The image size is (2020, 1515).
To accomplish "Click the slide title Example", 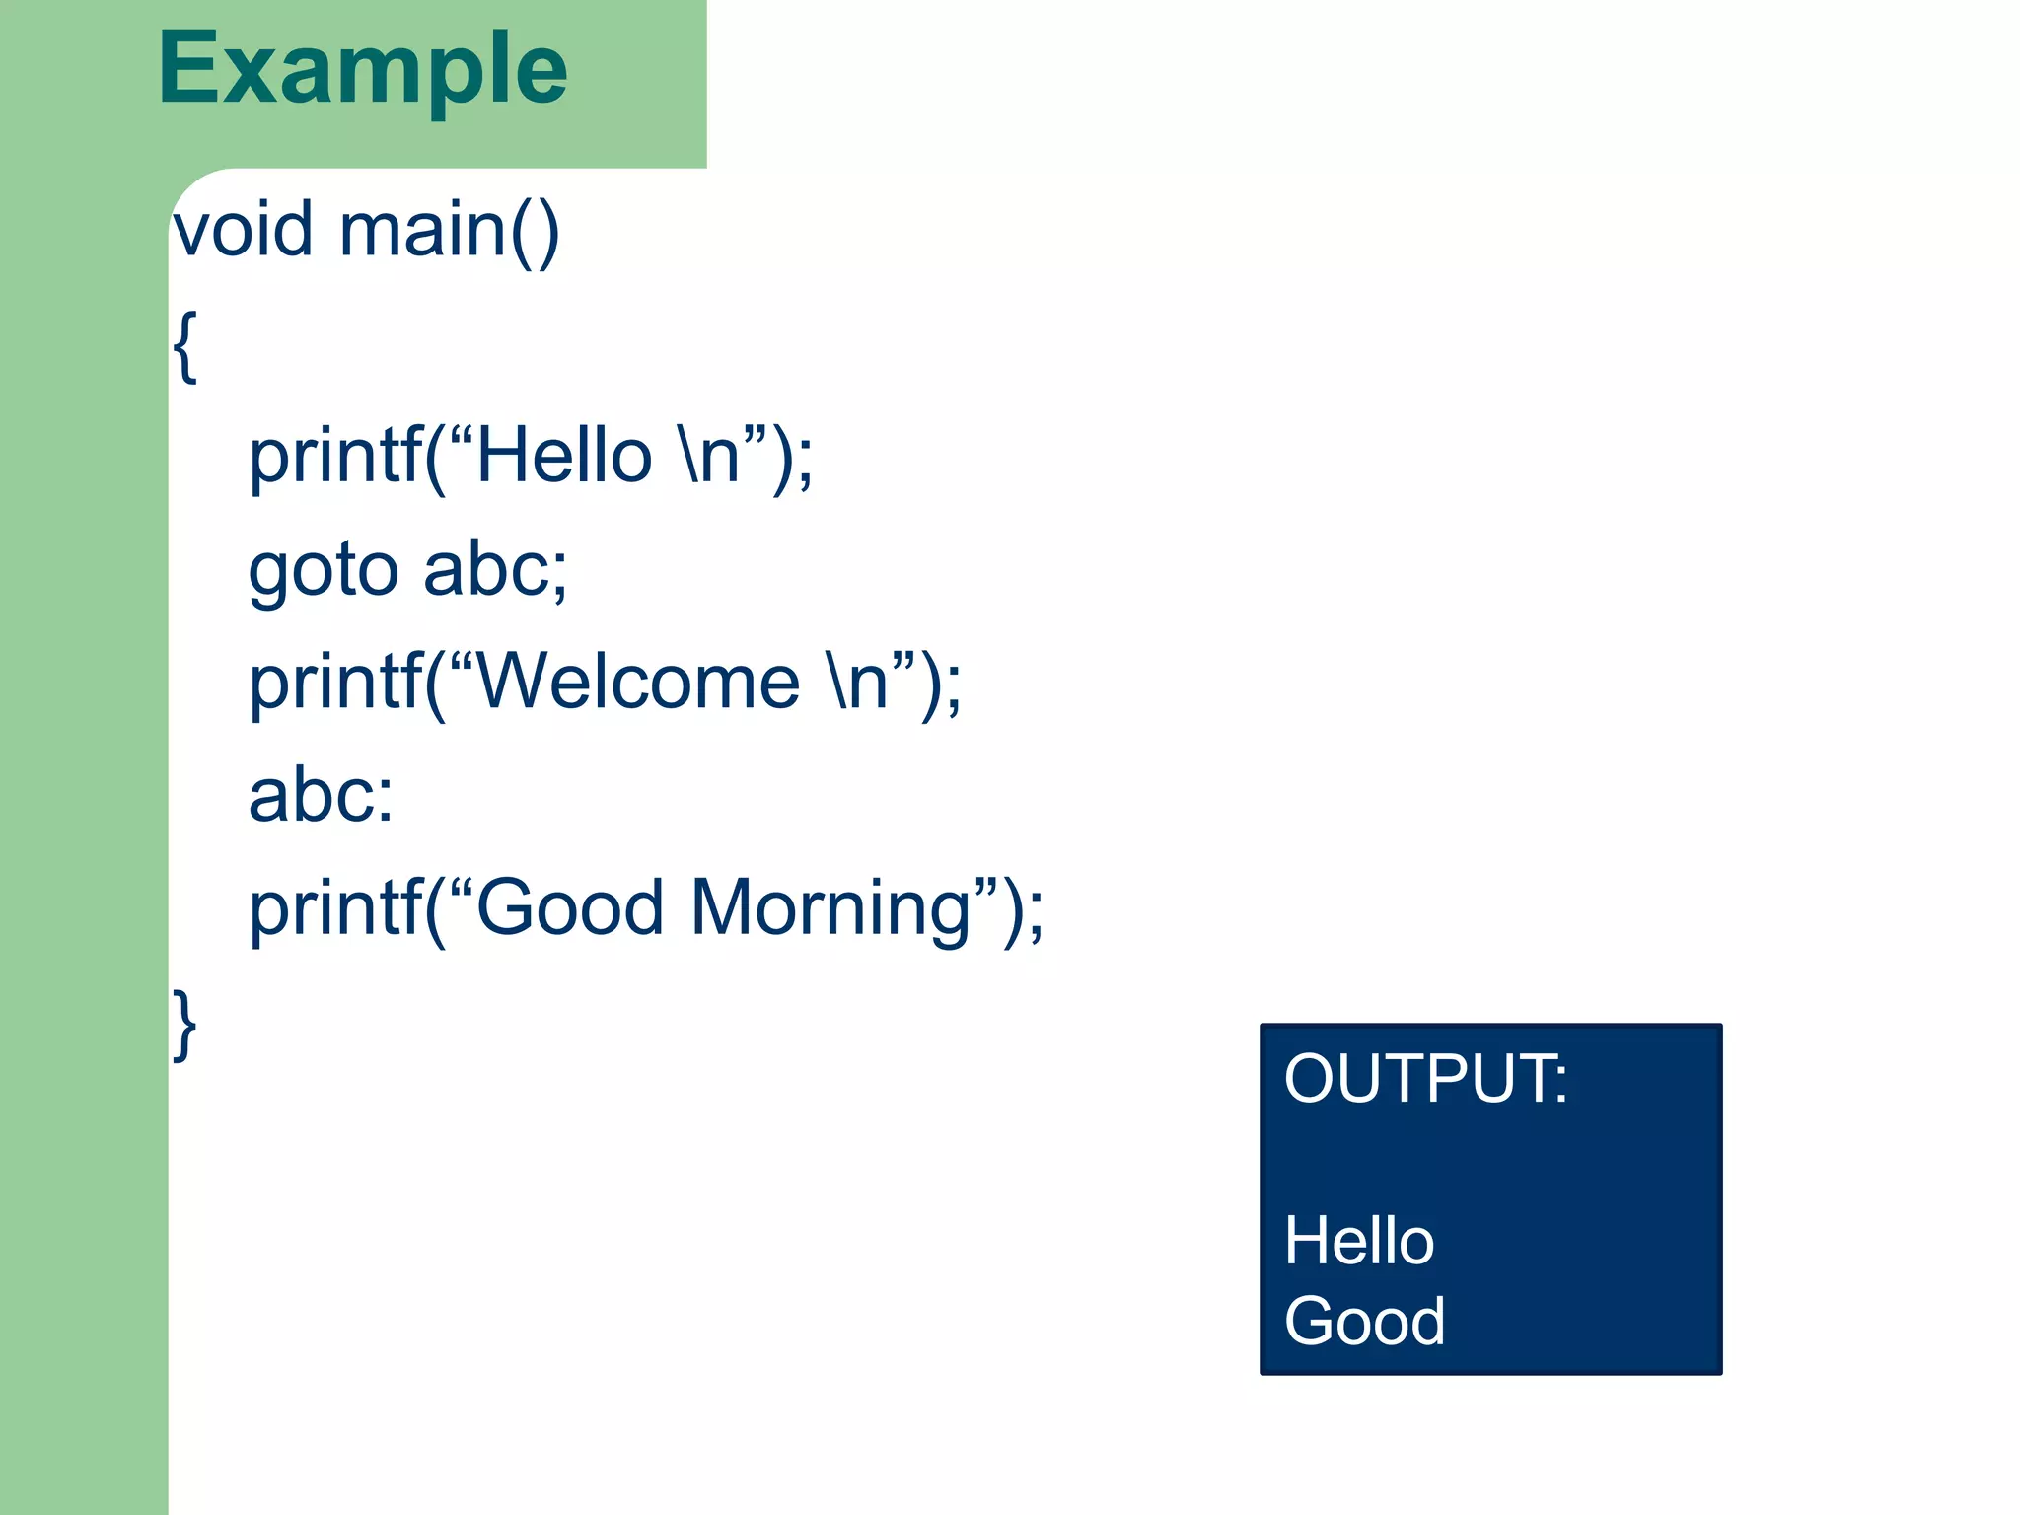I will pos(362,69).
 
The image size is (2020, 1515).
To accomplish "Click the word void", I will pos(243,230).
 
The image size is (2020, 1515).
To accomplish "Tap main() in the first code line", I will pos(449,230).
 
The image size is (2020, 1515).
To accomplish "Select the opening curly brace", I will pos(184,345).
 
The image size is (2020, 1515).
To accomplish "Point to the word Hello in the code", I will pos(564,456).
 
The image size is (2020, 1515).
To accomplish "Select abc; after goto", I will pos(495,570).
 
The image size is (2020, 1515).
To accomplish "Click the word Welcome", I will pos(639,683).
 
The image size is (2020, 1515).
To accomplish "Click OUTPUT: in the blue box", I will pos(1425,1078).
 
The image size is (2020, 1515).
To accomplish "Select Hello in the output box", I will pos(1358,1241).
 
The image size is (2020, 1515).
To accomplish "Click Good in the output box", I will pos(1364,1322).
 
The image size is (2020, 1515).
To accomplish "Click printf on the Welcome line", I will pos(335,683).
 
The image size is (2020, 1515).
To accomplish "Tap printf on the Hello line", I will pos(335,456).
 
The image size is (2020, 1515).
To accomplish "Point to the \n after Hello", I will pos(708,456).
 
